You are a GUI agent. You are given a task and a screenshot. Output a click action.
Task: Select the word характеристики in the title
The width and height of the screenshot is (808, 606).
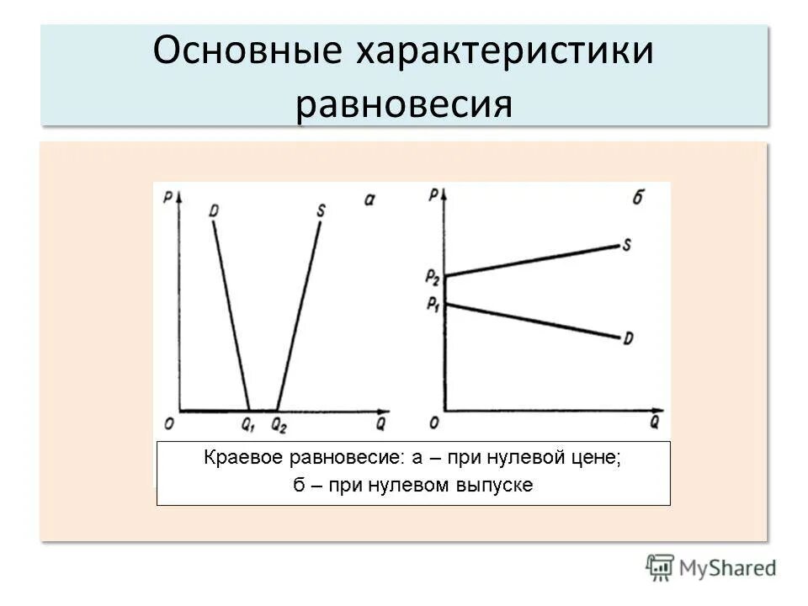(506, 52)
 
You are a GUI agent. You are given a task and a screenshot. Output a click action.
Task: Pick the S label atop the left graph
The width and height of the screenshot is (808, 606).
(321, 207)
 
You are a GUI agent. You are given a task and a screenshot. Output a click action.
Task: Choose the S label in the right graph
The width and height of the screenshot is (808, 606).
(628, 245)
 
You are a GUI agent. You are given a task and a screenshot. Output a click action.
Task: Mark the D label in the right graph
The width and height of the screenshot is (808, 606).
(628, 338)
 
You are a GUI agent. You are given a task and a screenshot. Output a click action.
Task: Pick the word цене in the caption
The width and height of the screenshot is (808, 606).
(598, 459)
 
